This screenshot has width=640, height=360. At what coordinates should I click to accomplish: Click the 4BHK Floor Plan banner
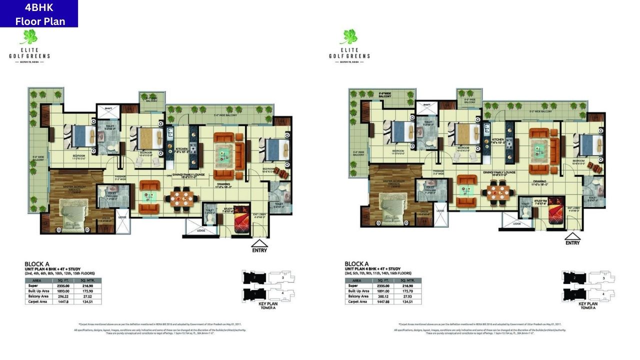39,14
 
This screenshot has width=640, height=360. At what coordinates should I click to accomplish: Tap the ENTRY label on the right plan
572,242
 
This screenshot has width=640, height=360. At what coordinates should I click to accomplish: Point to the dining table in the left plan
181,196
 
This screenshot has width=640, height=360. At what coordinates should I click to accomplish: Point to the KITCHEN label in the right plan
498,139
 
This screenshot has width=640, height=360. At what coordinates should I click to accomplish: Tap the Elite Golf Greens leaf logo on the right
349,37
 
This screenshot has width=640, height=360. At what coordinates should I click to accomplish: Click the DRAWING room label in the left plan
223,183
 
